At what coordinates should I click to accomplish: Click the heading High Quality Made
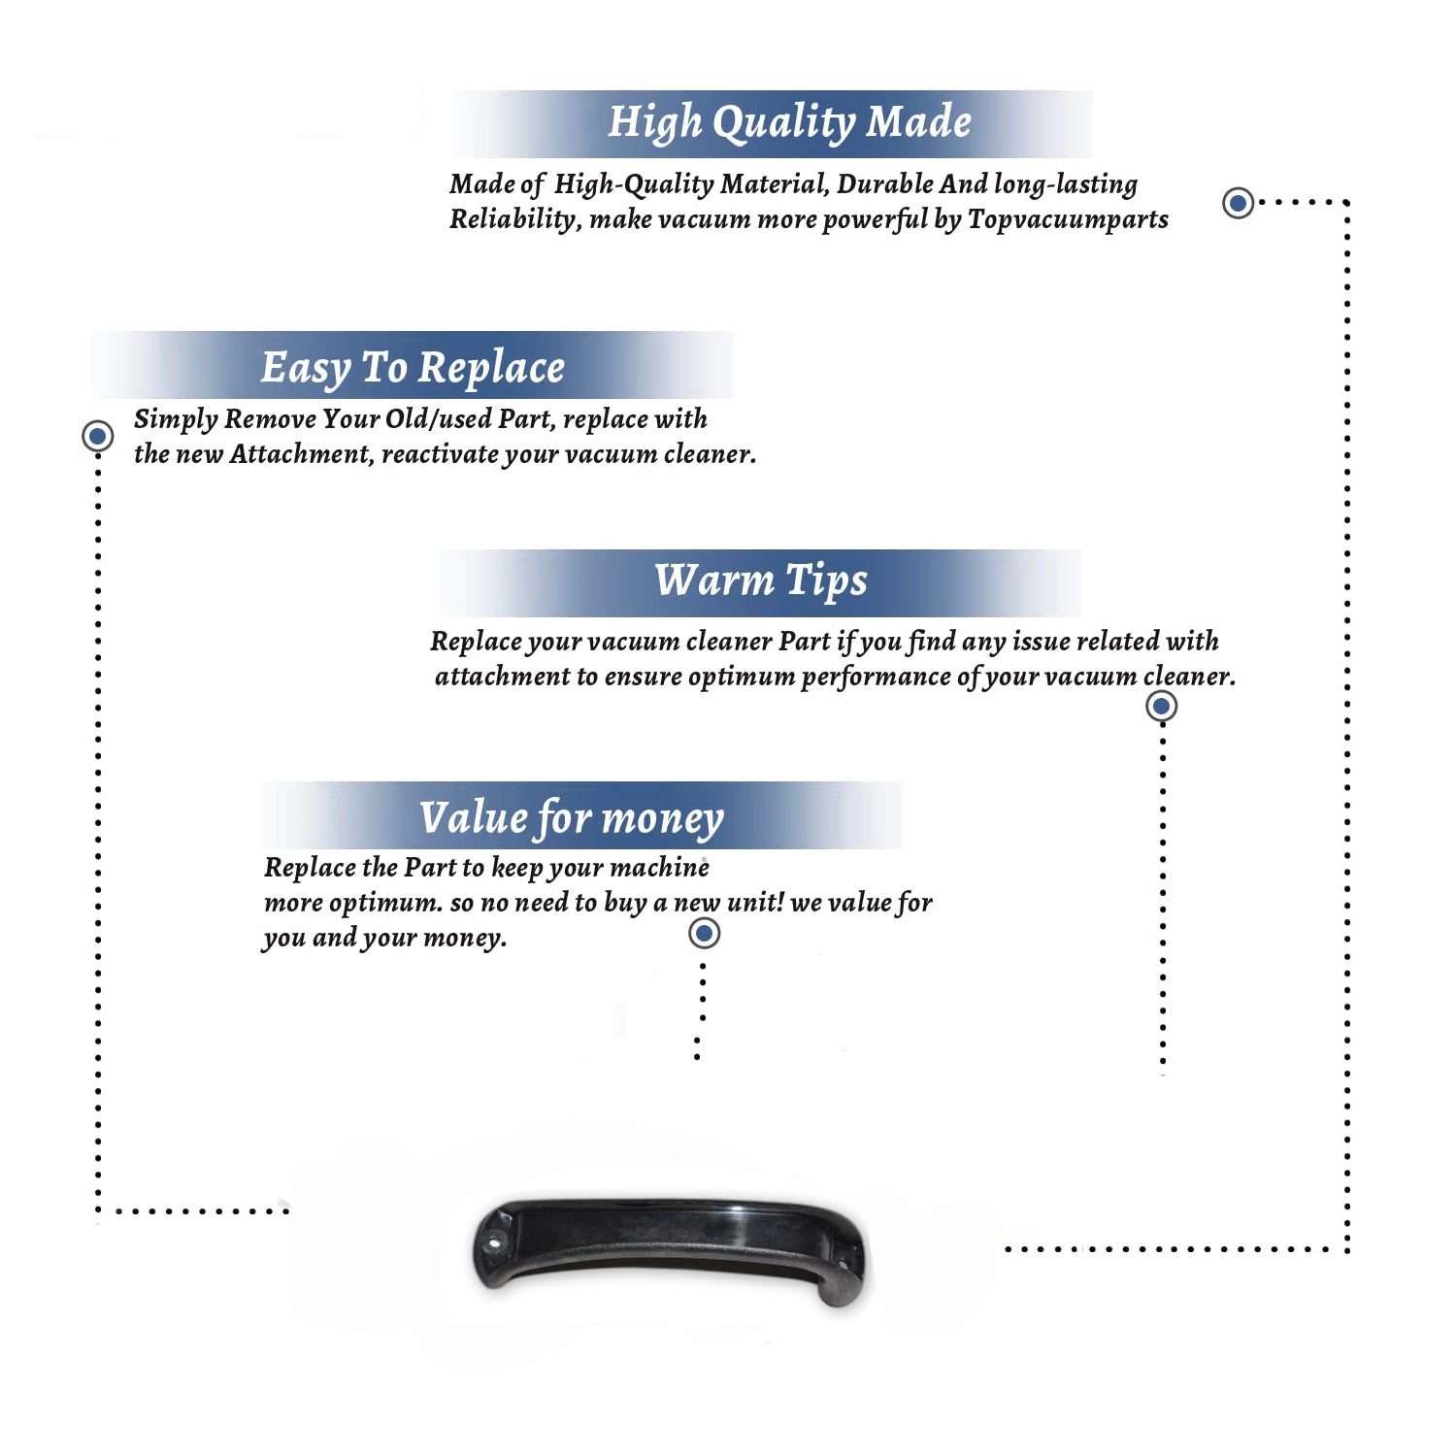[789, 123]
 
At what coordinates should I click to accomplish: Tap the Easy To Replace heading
[413, 369]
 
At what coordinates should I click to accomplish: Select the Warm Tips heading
[760, 581]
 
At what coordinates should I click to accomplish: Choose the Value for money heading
[572, 818]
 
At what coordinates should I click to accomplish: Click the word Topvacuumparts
[1068, 220]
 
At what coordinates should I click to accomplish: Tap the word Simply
[176, 420]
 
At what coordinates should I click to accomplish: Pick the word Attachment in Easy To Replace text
[302, 454]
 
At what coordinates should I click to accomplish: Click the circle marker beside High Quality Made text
[1238, 203]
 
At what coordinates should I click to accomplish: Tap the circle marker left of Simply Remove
[97, 436]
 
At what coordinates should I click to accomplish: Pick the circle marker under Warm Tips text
[1161, 706]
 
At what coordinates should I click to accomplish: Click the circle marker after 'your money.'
[704, 934]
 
